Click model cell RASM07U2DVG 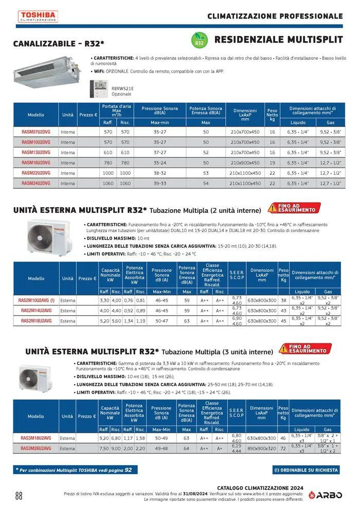click(x=36, y=132)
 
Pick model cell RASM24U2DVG click(x=36, y=183)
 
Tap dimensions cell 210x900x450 click(x=245, y=162)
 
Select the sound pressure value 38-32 click(x=160, y=173)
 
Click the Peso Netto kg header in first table click(x=272, y=115)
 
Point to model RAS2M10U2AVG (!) click(x=37, y=300)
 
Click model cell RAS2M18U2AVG click(x=36, y=321)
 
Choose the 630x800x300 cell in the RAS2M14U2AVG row click(x=262, y=311)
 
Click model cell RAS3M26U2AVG click(x=36, y=448)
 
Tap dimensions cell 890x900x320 click(x=262, y=448)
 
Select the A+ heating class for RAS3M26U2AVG click(x=220, y=448)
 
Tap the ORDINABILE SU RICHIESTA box click(x=305, y=469)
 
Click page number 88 click(x=19, y=496)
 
